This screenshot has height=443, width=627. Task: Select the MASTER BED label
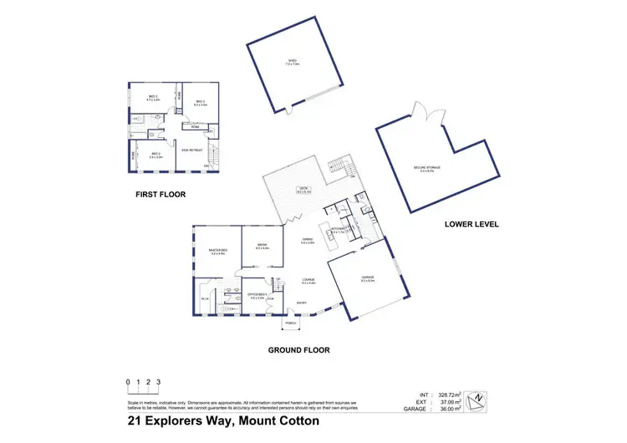click(218, 251)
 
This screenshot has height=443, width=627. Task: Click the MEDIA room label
click(262, 246)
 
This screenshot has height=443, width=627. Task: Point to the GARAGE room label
click(367, 277)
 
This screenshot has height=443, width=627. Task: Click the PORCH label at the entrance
click(292, 323)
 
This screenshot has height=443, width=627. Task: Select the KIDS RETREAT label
click(193, 150)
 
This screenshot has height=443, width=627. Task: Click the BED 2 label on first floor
click(154, 154)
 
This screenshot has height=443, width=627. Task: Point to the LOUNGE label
click(308, 282)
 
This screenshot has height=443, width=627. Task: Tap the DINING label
click(308, 240)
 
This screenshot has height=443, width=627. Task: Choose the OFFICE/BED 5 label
click(257, 295)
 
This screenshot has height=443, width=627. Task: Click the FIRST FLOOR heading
click(160, 194)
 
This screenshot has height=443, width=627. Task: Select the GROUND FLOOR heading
click(299, 350)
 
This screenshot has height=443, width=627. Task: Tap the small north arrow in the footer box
click(477, 400)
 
